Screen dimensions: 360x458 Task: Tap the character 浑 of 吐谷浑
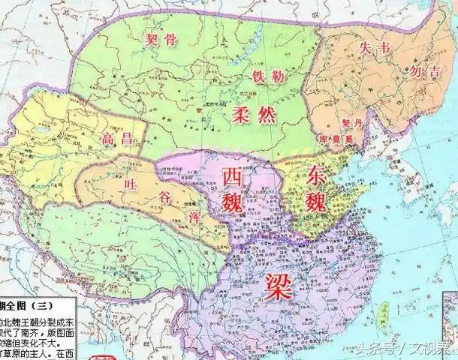pos(189,214)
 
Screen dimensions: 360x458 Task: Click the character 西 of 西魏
pos(234,175)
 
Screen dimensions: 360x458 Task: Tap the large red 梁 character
pos(278,284)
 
